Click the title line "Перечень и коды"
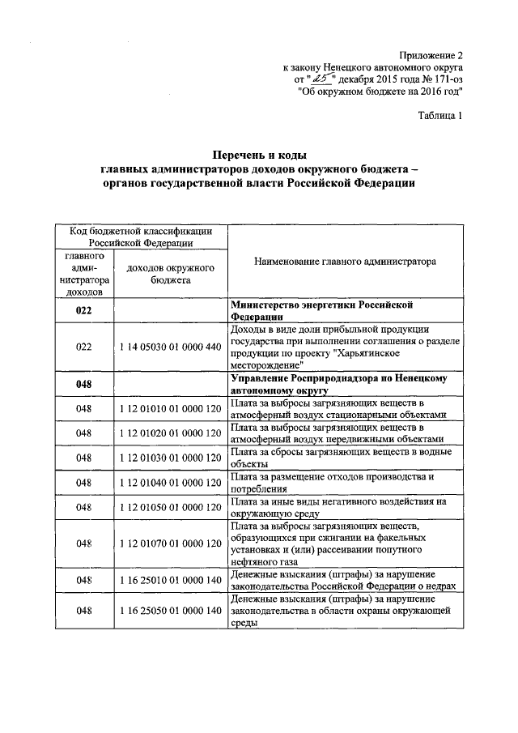[259, 155]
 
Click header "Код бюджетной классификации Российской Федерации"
[141, 236]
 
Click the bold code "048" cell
[84, 384]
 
